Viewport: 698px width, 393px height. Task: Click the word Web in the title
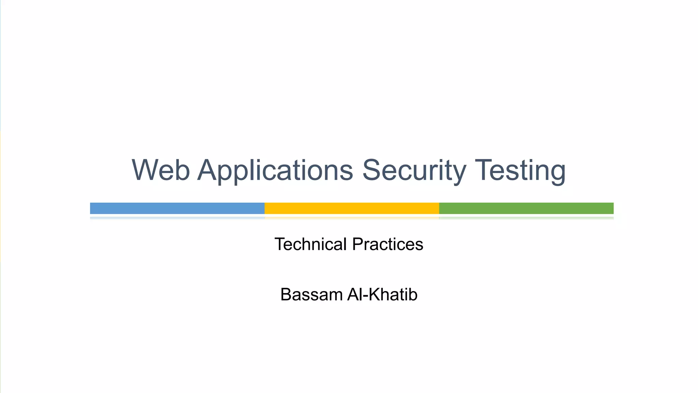click(x=161, y=170)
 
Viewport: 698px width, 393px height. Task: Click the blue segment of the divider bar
click(x=177, y=208)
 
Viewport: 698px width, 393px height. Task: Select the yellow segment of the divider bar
click(x=352, y=208)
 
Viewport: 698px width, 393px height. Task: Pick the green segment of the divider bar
click(x=526, y=208)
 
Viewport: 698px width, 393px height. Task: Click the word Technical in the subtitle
click(x=310, y=244)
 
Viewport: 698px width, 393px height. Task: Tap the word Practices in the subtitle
click(x=388, y=244)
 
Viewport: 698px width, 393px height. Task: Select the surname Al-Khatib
click(x=382, y=294)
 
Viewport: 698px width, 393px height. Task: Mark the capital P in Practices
click(x=358, y=244)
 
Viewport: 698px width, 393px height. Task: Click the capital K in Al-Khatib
click(x=375, y=294)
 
